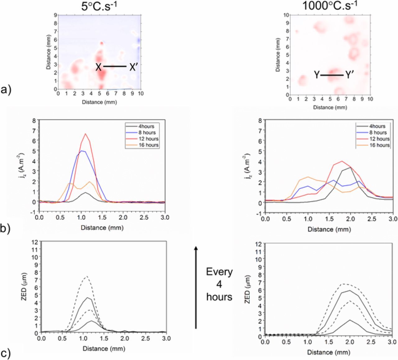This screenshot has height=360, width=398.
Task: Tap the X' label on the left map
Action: click(x=133, y=67)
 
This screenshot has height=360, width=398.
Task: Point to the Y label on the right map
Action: click(x=317, y=75)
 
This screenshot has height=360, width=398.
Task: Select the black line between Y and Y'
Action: click(x=332, y=75)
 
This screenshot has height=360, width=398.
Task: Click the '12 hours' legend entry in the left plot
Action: click(x=148, y=139)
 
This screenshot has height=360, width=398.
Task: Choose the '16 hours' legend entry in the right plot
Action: click(x=379, y=145)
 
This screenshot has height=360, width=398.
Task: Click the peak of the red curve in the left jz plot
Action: click(x=85, y=134)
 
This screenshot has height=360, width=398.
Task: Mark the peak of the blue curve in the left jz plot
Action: click(x=81, y=151)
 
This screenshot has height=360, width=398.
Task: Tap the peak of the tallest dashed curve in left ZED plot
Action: click(x=87, y=276)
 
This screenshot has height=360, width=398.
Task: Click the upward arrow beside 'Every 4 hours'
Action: click(x=196, y=286)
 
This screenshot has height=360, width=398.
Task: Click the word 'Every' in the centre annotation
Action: click(x=219, y=272)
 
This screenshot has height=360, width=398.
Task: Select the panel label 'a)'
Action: click(x=6, y=90)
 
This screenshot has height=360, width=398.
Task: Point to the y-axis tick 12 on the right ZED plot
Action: click(x=258, y=244)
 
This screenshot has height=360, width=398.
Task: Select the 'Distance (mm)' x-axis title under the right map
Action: click(x=330, y=107)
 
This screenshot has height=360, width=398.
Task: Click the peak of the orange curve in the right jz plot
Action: click(x=308, y=177)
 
